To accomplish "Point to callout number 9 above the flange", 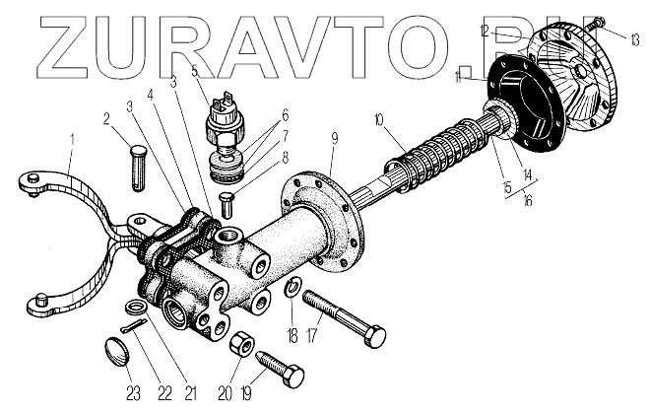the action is pos(336,136).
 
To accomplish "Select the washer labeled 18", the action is pos(292,288).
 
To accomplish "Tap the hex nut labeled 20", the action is pos(238,345).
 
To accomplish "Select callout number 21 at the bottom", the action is pos(191,393).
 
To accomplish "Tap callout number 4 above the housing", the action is pos(151,96).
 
